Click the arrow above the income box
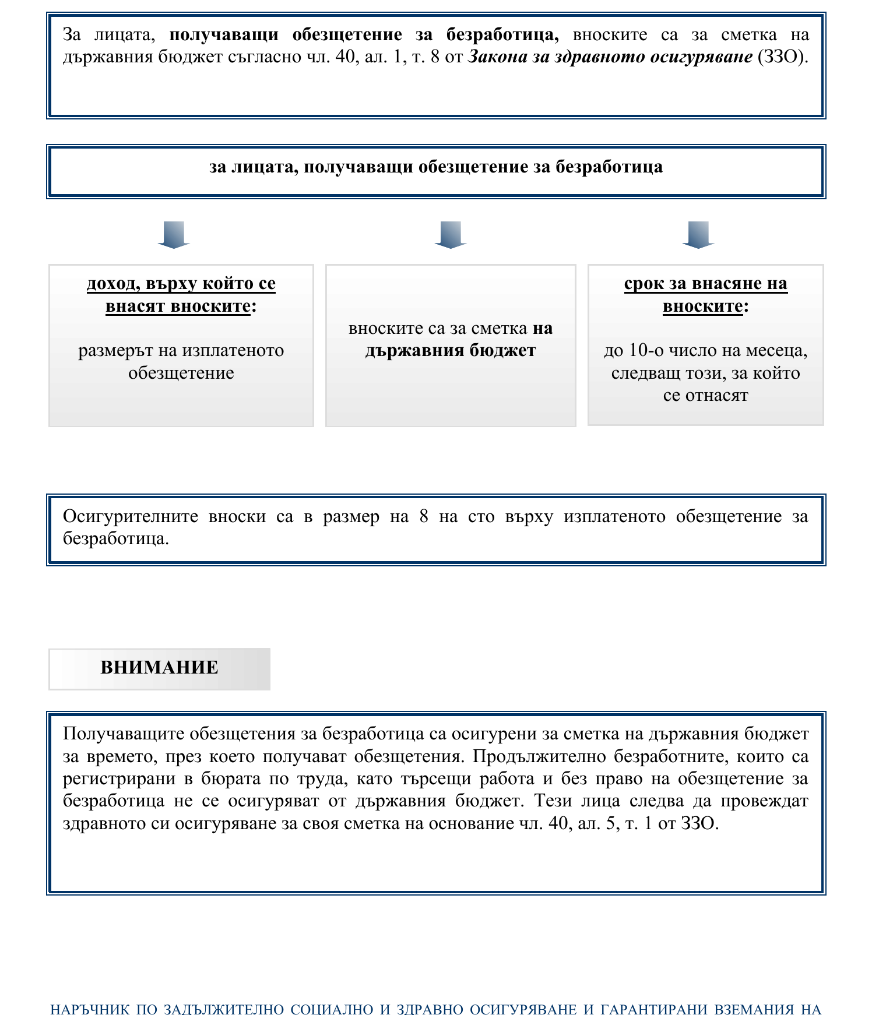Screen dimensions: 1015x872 point(174,235)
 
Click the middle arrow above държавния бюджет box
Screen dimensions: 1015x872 point(451,235)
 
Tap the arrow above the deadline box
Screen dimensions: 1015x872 point(698,235)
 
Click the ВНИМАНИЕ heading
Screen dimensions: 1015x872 point(159,668)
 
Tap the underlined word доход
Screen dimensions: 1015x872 point(113,284)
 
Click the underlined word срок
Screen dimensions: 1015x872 point(644,284)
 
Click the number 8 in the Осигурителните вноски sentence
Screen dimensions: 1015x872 point(424,517)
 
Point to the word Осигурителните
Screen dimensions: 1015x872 point(131,517)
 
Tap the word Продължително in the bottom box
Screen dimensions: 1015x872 point(537,756)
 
